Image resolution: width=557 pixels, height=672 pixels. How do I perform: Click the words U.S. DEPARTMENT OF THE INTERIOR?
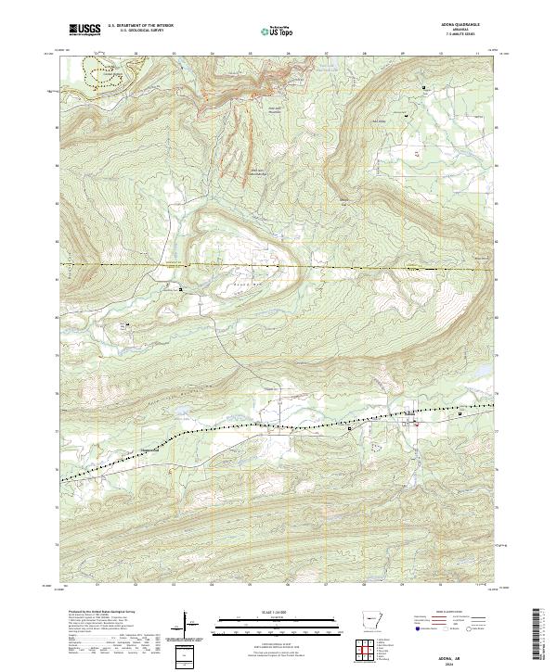140,26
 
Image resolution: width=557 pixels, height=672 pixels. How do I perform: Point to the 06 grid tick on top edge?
288,54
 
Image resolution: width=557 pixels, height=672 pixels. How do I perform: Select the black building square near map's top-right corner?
424,88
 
